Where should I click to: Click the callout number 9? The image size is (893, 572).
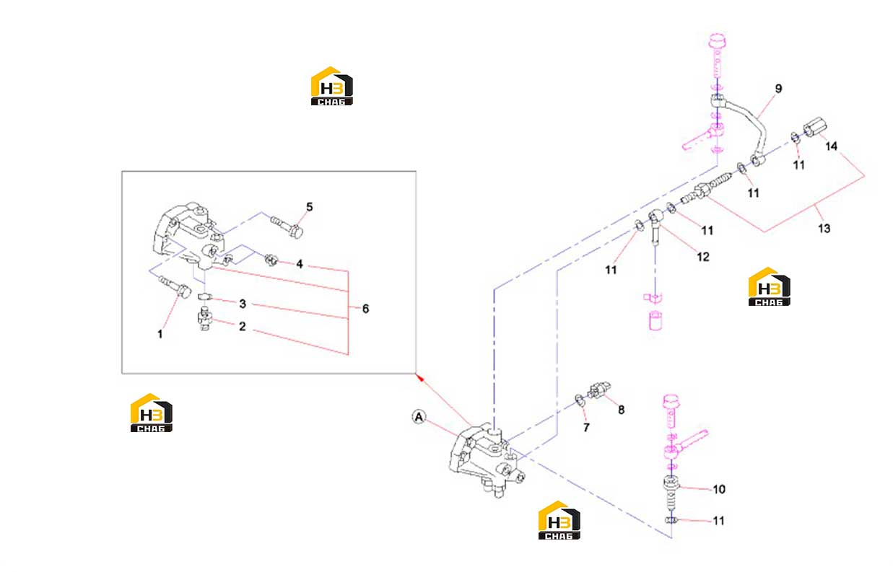778,89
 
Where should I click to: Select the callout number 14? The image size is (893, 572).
831,146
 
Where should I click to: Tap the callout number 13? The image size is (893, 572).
824,229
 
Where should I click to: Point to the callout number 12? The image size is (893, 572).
703,257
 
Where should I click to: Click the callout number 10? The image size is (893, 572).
719,489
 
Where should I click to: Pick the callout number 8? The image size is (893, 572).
621,410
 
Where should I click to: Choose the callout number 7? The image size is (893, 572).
586,428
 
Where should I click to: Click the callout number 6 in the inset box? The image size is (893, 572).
365,309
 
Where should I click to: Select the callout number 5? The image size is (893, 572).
310,207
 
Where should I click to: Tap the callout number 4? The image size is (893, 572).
300,264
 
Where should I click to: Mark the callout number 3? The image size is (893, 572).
243,304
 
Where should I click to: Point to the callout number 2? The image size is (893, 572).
242,327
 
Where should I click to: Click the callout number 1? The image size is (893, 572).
160,334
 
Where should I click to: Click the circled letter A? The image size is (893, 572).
419,417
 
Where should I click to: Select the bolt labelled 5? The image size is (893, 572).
287,226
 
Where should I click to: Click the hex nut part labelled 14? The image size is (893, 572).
814,127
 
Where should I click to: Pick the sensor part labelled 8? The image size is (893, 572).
598,390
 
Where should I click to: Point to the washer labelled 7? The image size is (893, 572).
580,400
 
